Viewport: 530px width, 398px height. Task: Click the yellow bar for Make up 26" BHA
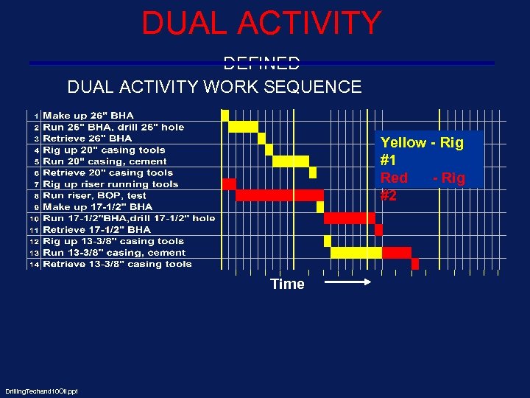[225, 115]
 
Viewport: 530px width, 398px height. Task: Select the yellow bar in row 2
[243, 127]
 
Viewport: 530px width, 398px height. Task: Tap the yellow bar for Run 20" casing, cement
[291, 161]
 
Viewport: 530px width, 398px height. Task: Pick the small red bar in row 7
[229, 184]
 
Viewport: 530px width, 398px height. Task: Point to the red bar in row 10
[350, 218]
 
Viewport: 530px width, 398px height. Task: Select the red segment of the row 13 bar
[397, 253]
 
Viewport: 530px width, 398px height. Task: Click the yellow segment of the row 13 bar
[356, 253]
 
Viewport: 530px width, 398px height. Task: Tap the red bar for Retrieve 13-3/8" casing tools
[415, 264]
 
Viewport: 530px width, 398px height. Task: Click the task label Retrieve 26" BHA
[88, 139]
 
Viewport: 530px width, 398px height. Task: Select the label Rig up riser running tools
[110, 184]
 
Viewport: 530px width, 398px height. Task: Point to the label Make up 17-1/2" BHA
[98, 207]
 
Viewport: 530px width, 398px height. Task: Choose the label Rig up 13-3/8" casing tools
[113, 241]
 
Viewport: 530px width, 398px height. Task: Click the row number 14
[34, 265]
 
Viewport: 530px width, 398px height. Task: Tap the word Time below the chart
[287, 284]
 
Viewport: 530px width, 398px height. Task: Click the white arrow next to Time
[348, 282]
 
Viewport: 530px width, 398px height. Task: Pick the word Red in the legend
[394, 178]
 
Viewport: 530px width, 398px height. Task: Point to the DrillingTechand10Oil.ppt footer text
[41, 391]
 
